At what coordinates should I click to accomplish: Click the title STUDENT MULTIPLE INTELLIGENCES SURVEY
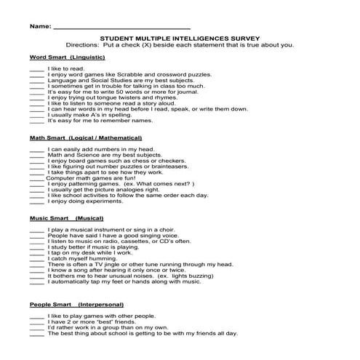coord(179,39)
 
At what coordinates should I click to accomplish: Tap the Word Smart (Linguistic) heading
coord(68,57)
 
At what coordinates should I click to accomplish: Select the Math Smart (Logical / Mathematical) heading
coord(85,137)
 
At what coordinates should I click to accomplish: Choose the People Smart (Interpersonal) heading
coord(76,304)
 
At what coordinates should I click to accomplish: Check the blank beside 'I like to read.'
coord(37,68)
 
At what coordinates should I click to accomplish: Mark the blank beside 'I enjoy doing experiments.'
coord(37,201)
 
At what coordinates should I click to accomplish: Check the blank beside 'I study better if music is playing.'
coord(37,247)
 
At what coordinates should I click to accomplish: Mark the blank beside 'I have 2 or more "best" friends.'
coord(37,321)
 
